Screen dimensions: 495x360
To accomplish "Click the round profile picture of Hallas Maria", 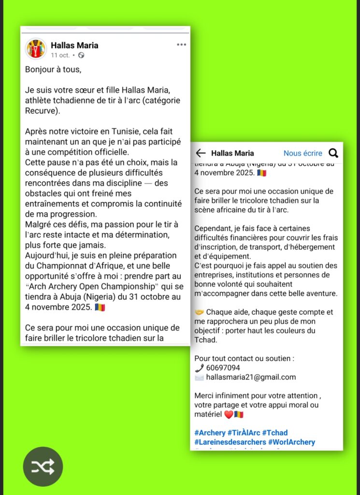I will (x=36, y=49).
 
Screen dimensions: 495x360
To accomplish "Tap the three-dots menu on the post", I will (x=181, y=45).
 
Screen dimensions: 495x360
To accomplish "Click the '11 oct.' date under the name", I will (x=60, y=55).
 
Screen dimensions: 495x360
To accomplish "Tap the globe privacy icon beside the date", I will (x=81, y=55).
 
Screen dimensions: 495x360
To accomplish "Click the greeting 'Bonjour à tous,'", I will (x=53, y=69).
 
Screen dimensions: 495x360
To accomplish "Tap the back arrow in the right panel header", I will (x=201, y=153).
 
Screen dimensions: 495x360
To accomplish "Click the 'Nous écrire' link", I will (x=302, y=153).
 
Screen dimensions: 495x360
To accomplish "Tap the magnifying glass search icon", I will (x=333, y=153).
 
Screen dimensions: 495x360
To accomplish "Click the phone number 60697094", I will (x=223, y=368).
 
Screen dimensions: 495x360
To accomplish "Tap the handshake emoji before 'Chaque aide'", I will (x=199, y=312).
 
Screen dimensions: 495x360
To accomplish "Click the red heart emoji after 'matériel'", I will (x=229, y=414).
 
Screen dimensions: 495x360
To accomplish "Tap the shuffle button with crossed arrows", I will (x=43, y=466).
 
